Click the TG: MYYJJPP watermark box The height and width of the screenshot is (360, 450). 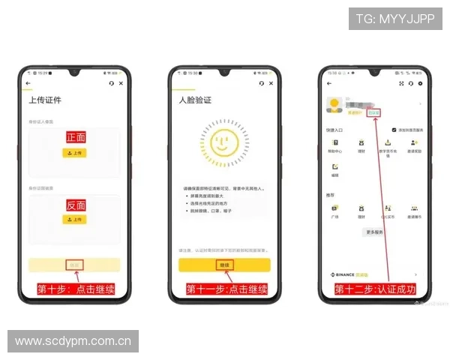(x=395, y=19)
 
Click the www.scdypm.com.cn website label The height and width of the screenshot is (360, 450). (x=73, y=341)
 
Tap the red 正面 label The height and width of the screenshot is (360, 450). (x=75, y=137)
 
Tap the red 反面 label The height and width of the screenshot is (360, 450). (x=75, y=205)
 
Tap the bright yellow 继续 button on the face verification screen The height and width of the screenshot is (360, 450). (x=223, y=265)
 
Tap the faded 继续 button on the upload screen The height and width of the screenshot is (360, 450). (x=74, y=264)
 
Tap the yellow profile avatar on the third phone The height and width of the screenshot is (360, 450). (x=334, y=104)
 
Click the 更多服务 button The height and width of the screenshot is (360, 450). (x=373, y=232)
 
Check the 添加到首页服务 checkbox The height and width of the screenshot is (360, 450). (x=394, y=130)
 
